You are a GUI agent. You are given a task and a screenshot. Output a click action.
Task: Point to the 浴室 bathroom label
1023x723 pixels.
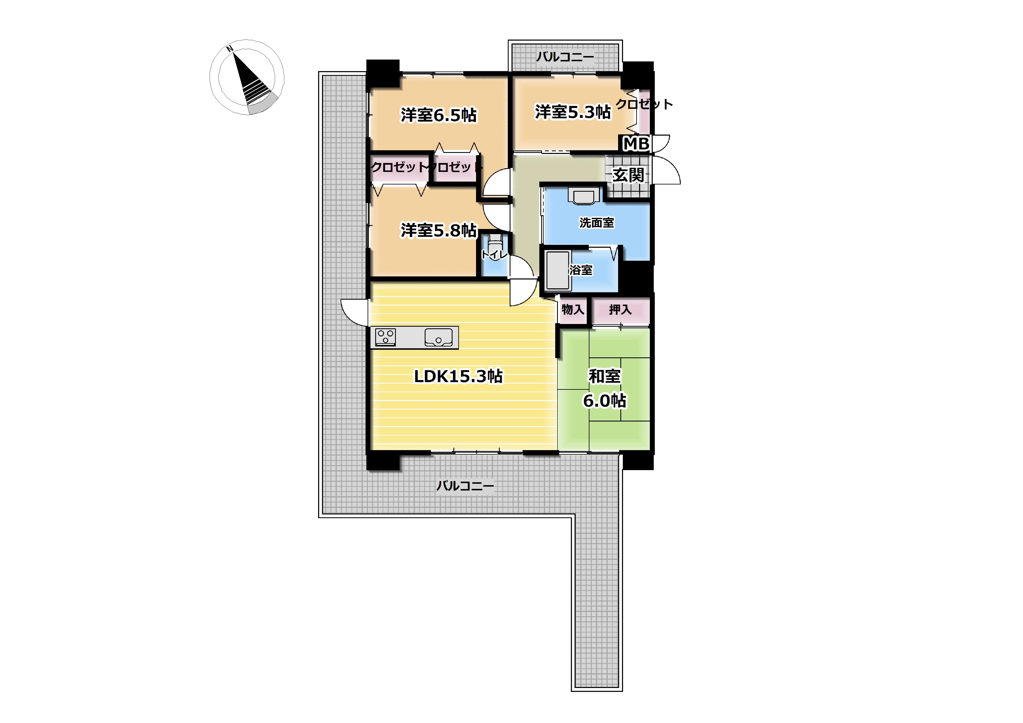pos(581,270)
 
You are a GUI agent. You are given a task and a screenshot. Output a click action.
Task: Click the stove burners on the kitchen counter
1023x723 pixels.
pos(385,337)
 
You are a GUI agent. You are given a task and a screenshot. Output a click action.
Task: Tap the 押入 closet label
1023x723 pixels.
pos(620,309)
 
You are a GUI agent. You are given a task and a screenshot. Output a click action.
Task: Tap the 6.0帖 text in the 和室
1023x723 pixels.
pos(605,400)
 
